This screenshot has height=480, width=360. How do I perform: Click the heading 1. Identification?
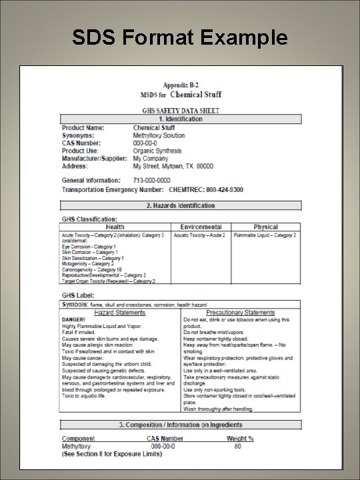point(180,119)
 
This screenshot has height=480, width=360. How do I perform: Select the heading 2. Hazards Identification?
point(180,205)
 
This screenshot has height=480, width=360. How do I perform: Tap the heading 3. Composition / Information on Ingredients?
point(180,425)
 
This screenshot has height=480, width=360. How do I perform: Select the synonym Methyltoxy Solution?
point(159,135)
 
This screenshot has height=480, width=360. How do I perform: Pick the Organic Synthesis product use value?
point(157,150)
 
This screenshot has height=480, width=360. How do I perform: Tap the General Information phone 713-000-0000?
point(152,181)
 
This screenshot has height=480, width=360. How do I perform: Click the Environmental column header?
point(199,227)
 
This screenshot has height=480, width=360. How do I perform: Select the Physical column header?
point(265,227)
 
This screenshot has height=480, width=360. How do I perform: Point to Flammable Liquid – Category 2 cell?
point(265,235)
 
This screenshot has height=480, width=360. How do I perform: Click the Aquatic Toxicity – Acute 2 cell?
point(199,235)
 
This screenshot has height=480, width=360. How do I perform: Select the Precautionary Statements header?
point(240,312)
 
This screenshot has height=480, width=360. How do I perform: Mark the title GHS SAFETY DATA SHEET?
point(180,110)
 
